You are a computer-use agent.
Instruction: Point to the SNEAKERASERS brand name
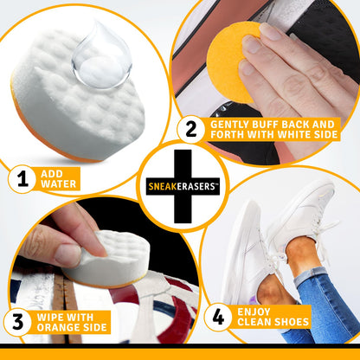181,186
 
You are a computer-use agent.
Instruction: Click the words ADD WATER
59,178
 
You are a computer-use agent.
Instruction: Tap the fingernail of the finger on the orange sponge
270,31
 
